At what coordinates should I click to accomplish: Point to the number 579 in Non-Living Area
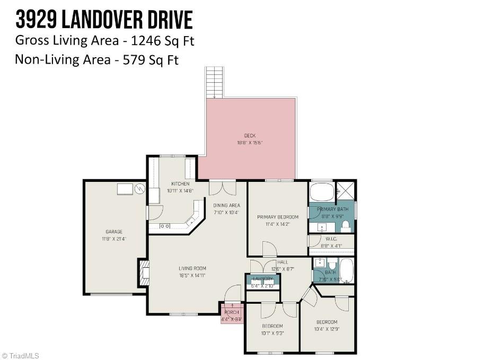click(135, 59)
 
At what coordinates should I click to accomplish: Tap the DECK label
click(250, 136)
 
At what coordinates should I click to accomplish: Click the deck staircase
click(214, 82)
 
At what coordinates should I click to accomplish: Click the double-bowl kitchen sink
click(165, 226)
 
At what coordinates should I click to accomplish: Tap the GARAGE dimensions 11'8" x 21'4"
click(114, 239)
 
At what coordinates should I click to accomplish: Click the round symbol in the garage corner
click(139, 188)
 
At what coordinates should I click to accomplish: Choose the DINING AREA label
click(226, 205)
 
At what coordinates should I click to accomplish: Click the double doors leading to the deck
click(222, 188)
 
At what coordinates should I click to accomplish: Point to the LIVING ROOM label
click(192, 268)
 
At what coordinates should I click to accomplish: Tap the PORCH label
click(232, 312)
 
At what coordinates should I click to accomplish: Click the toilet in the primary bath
click(346, 227)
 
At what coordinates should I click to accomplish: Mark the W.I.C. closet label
click(332, 239)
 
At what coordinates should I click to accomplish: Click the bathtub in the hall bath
click(346, 270)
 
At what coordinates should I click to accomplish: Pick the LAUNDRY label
click(262, 279)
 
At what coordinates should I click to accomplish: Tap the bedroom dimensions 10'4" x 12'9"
click(327, 329)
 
